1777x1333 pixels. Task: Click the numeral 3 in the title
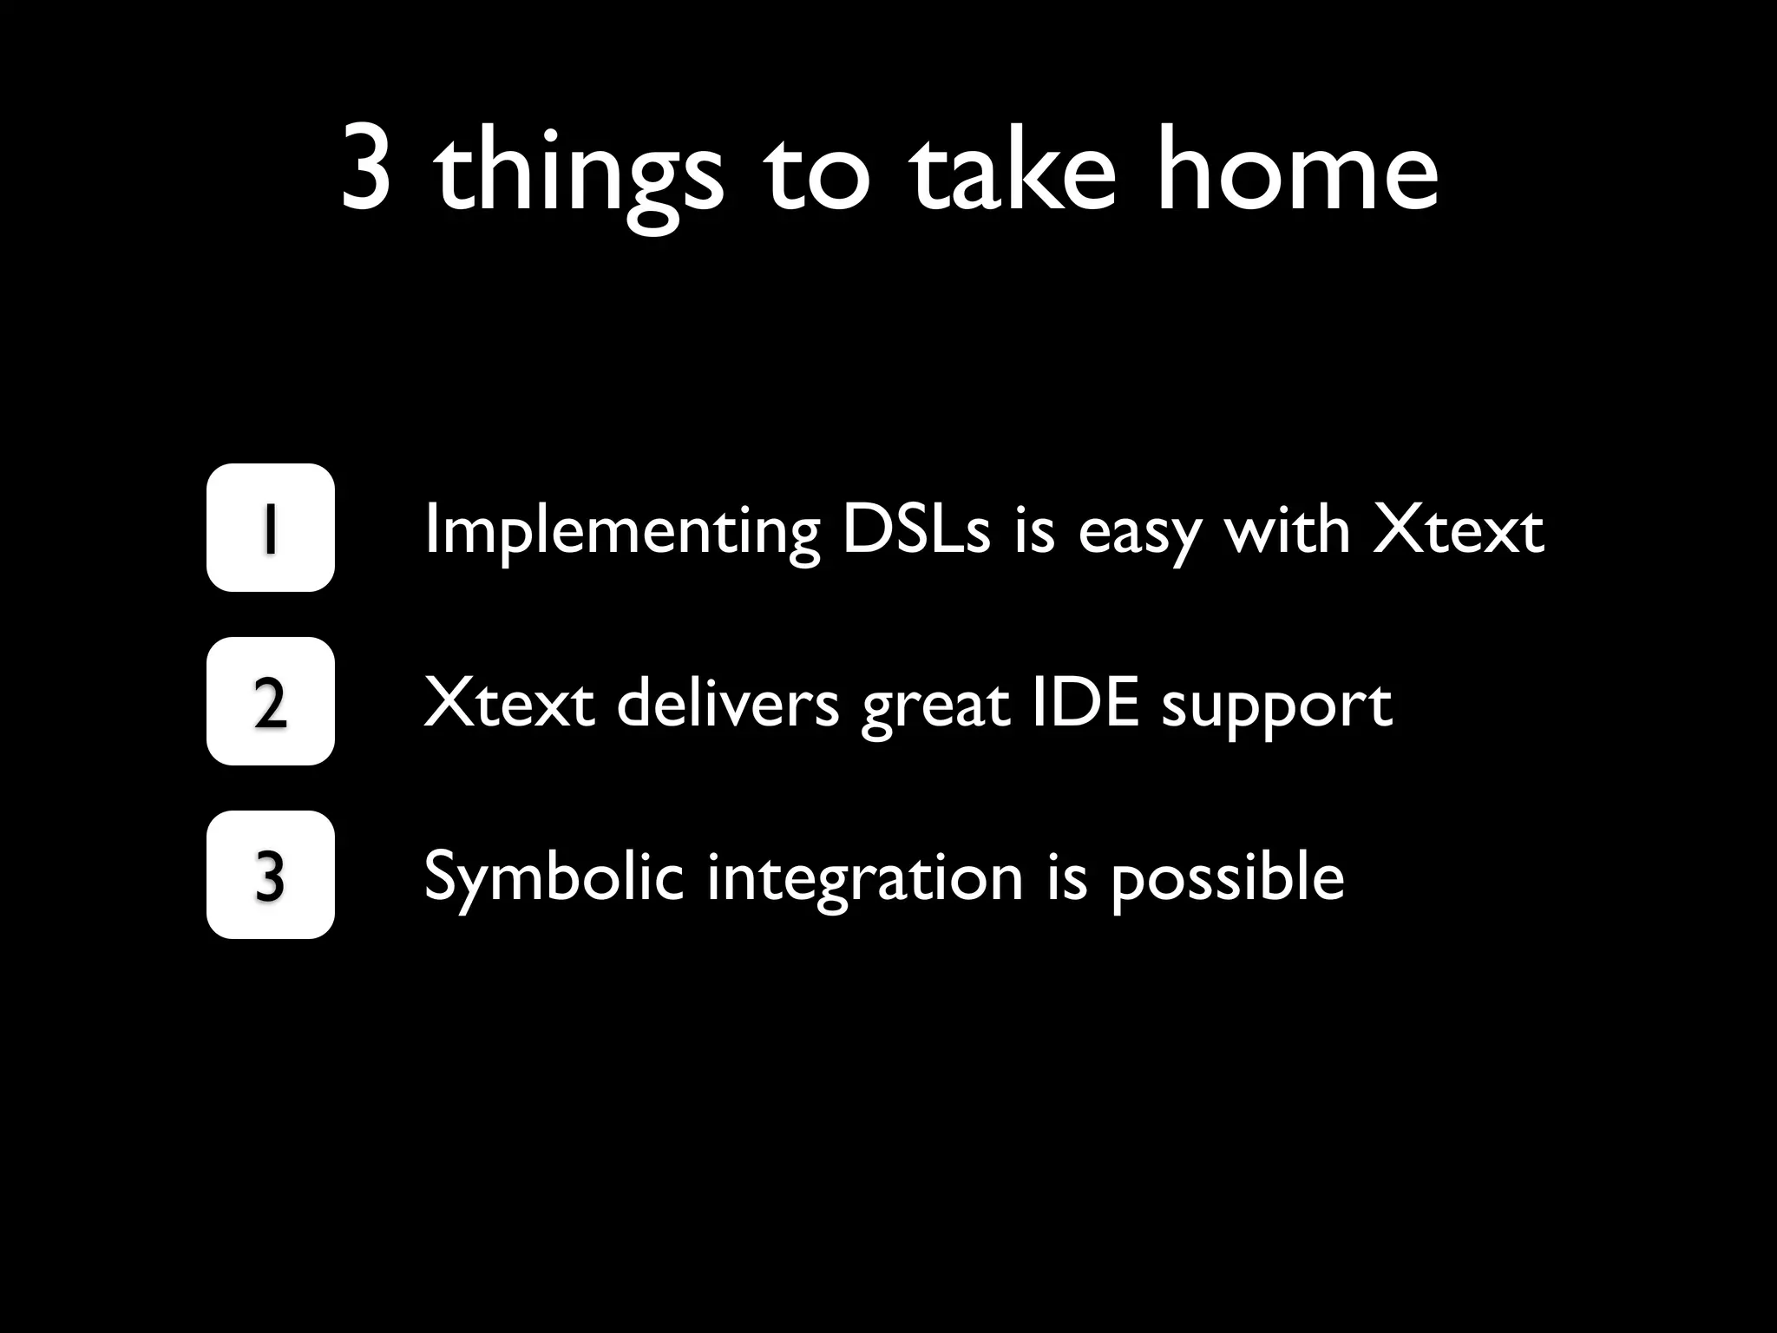click(x=365, y=170)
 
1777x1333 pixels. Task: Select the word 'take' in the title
click(x=1012, y=168)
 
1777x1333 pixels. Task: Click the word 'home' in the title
click(x=1297, y=168)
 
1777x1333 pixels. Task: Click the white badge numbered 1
click(x=270, y=528)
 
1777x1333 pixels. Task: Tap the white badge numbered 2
click(x=270, y=701)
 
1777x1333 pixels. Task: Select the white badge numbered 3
click(x=270, y=875)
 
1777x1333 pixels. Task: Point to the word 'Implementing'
click(x=621, y=531)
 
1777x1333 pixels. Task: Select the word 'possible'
click(x=1227, y=878)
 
